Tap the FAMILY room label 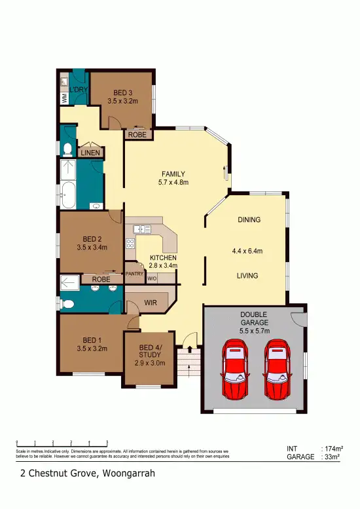pos(173,174)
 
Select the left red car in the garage pos(235,369)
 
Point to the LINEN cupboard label pos(90,153)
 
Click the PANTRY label pos(134,273)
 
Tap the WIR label pos(150,303)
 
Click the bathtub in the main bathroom pos(68,195)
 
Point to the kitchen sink pos(141,229)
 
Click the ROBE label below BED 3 pos(137,134)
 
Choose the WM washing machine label pos(64,98)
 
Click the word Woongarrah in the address pos(126,472)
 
